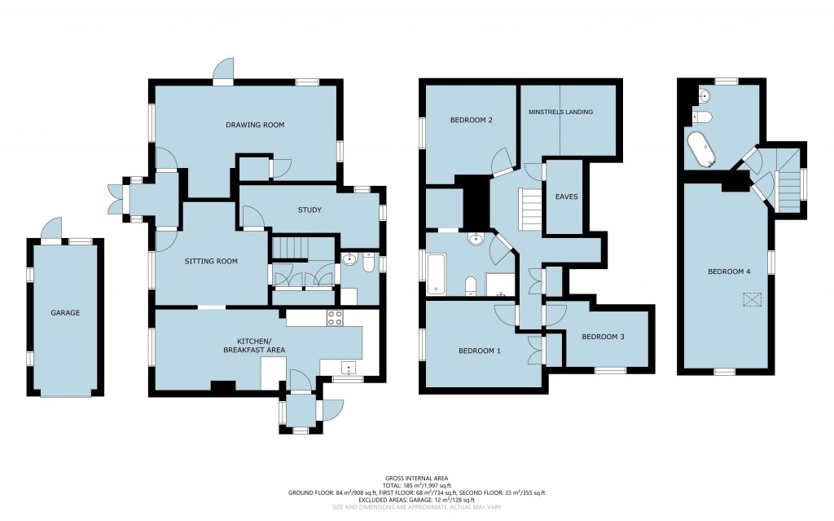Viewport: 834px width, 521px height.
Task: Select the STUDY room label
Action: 309,210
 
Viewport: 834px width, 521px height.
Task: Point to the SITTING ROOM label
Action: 210,262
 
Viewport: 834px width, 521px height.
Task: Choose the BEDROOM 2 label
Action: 472,120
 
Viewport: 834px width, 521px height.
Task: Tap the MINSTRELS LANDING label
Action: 560,112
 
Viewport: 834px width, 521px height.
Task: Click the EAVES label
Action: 565,196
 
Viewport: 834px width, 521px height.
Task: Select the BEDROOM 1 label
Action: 479,351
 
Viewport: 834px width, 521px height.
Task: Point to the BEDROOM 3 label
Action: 603,337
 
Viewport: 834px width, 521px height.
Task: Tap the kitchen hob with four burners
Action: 335,318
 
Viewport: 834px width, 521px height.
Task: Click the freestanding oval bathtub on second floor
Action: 700,149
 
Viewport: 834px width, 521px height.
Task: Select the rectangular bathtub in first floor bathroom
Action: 436,273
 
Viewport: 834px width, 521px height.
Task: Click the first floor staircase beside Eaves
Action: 530,209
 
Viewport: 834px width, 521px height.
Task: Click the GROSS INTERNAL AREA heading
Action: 416,478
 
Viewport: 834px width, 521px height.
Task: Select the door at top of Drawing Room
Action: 222,73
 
